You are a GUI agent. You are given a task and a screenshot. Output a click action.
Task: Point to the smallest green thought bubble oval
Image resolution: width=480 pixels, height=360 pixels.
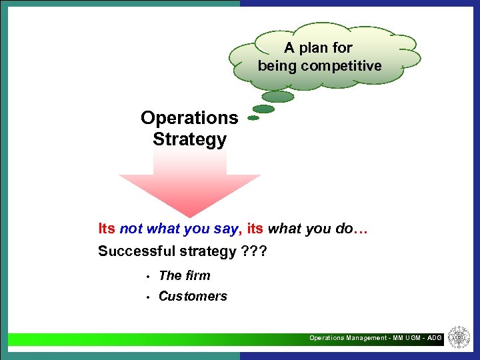pos(253,118)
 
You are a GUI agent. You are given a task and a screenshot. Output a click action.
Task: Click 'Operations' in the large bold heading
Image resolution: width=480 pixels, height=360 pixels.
pos(189,118)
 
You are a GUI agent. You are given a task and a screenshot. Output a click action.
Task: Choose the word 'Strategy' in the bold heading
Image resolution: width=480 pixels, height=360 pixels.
pos(189,140)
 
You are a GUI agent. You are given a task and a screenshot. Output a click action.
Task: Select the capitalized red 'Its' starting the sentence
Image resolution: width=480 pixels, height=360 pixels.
pos(107,229)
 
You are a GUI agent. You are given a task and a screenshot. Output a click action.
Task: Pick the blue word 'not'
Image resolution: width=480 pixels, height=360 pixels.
pos(131,229)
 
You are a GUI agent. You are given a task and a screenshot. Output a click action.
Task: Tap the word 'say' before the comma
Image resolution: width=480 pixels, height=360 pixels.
pos(225,229)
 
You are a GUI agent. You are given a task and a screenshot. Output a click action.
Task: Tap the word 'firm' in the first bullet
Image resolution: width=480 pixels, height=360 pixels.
pos(197,275)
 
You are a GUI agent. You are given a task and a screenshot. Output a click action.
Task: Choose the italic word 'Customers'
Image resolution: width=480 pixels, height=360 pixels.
pos(193,297)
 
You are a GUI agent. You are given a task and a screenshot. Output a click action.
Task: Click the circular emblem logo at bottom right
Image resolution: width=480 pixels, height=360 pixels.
pos(459,337)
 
